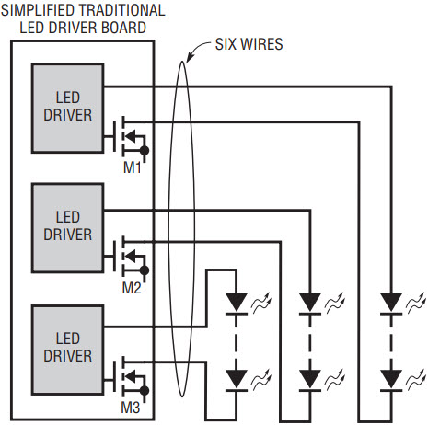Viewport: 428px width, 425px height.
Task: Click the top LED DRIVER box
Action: pyautogui.click(x=67, y=108)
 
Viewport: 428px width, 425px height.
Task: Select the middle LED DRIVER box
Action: pyautogui.click(x=67, y=228)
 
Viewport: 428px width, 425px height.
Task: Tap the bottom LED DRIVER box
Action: pyautogui.click(x=67, y=350)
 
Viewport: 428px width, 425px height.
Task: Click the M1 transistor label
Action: pyautogui.click(x=133, y=167)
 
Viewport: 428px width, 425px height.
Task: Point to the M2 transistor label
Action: pyautogui.click(x=132, y=288)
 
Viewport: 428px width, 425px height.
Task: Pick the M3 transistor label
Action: pyautogui.click(x=131, y=408)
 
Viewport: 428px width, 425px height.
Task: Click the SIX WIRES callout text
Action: pyautogui.click(x=249, y=44)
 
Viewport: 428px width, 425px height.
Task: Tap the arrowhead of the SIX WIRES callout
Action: pyautogui.click(x=191, y=57)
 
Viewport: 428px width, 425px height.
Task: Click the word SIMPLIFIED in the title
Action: pyautogui.click(x=40, y=10)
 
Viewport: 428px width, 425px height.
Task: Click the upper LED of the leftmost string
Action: pyautogui.click(x=237, y=304)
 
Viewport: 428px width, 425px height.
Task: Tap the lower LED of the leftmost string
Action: pyautogui.click(x=237, y=380)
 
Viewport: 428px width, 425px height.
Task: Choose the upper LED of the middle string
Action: pyautogui.click(x=310, y=304)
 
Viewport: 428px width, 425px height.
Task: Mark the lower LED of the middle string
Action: pyautogui.click(x=310, y=380)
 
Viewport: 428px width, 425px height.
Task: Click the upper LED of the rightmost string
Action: pyautogui.click(x=391, y=304)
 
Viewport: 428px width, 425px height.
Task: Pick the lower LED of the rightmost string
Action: pyautogui.click(x=391, y=380)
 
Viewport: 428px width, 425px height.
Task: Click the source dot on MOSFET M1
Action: pyautogui.click(x=145, y=151)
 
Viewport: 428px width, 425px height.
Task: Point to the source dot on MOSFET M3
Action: pyautogui.click(x=145, y=391)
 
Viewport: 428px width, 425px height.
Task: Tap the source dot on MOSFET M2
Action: pyautogui.click(x=145, y=270)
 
